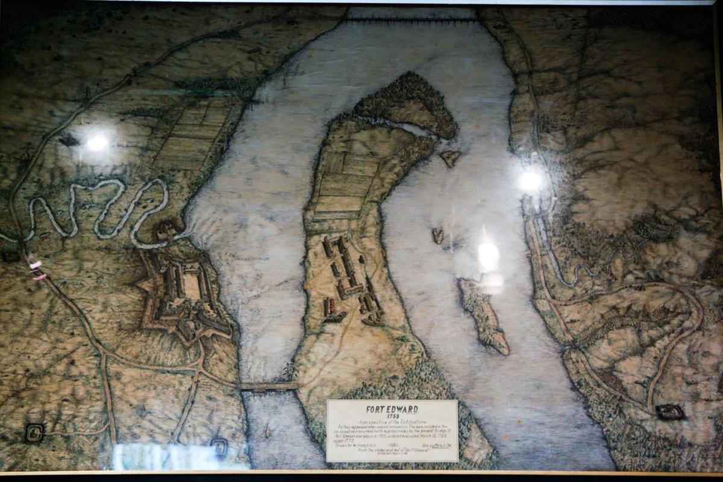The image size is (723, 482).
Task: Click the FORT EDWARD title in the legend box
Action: point(392,409)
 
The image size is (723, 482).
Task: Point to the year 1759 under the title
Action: point(392,416)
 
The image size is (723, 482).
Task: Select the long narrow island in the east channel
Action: point(483,315)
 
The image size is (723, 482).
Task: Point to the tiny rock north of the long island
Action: point(438,235)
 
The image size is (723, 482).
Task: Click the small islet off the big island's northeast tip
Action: point(449,158)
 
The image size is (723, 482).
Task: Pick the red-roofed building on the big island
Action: point(329,305)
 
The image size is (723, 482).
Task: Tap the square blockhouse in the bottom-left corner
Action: point(34,431)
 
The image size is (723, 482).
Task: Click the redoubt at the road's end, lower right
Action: point(669,412)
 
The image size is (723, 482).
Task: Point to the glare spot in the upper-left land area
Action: point(97,143)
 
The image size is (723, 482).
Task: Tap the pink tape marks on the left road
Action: point(37,271)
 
